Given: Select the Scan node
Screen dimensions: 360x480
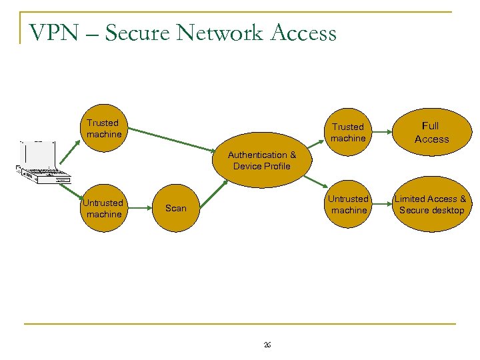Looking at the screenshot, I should pyautogui.click(x=176, y=208).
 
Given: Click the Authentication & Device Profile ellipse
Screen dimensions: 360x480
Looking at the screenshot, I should pyautogui.click(x=261, y=161).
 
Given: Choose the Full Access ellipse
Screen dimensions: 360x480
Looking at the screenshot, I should pyautogui.click(x=431, y=132).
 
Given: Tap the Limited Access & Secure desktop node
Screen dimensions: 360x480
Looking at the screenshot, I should pyautogui.click(x=431, y=205).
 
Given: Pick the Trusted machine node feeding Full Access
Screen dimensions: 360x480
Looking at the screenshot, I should pyautogui.click(x=348, y=133).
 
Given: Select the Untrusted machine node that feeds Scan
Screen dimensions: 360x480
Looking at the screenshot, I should pyautogui.click(x=103, y=208).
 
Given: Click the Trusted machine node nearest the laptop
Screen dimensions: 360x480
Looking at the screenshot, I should pyautogui.click(x=103, y=129).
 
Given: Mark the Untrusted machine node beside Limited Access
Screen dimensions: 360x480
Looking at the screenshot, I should pyautogui.click(x=348, y=205).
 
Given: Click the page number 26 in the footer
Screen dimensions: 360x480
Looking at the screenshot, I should pyautogui.click(x=267, y=344).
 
